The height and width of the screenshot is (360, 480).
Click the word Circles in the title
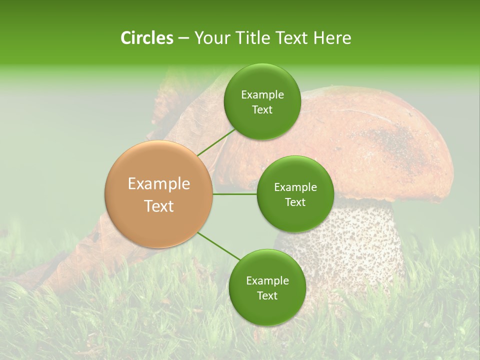click(x=146, y=38)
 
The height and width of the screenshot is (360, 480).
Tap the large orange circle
click(x=158, y=194)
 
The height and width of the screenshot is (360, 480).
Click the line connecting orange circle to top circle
click(x=216, y=141)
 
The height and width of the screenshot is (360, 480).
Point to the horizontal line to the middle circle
click(x=235, y=194)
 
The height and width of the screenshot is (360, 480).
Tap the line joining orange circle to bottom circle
click(x=219, y=246)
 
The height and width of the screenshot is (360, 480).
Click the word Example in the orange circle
click(x=158, y=184)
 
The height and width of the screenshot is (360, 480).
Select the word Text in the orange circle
click(x=158, y=206)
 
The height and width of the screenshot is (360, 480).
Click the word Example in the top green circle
click(x=262, y=95)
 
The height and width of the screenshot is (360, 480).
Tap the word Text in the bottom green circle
click(x=267, y=295)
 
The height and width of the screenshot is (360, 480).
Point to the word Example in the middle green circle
click(x=295, y=187)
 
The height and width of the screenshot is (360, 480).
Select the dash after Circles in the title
click(x=183, y=38)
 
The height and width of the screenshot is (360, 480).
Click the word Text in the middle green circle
click(x=295, y=202)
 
